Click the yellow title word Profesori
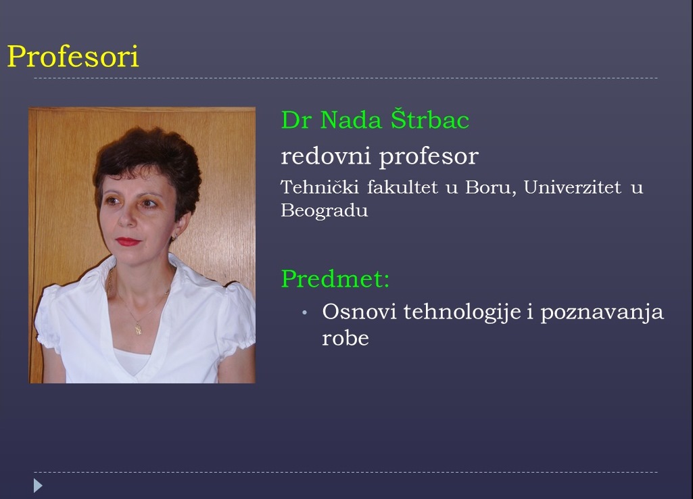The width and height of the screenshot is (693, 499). (73, 56)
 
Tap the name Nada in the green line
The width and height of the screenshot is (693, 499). (351, 120)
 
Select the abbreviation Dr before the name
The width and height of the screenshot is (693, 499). (295, 120)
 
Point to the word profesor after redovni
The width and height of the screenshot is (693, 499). (429, 157)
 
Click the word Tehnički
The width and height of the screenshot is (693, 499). (320, 187)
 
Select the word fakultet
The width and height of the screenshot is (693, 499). (402, 187)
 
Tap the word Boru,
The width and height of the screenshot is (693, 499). (491, 187)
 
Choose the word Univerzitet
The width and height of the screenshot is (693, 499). (573, 187)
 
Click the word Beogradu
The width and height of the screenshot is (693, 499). (325, 210)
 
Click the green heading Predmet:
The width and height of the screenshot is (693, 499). (335, 279)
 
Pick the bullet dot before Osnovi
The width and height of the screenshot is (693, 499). (304, 313)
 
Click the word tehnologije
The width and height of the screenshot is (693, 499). (462, 312)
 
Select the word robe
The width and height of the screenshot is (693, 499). (345, 338)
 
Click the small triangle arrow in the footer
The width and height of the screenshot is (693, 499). (38, 485)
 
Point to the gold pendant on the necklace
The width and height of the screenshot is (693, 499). (139, 329)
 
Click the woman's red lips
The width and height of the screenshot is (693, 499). (128, 241)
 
